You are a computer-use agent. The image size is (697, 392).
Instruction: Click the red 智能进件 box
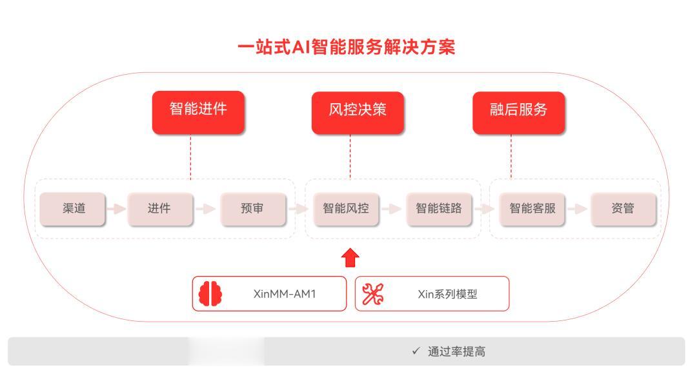[x=198, y=112]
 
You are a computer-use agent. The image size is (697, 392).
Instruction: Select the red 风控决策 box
[x=358, y=113]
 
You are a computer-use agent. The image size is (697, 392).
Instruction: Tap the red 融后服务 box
[x=519, y=113]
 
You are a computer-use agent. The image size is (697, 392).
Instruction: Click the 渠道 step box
[x=72, y=209]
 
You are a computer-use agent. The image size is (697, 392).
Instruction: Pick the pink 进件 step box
[x=160, y=209]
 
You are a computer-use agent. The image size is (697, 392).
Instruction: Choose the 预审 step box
[x=253, y=209]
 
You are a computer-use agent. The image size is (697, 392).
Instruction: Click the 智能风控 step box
[x=347, y=209]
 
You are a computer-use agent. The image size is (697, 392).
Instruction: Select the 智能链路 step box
[x=439, y=209]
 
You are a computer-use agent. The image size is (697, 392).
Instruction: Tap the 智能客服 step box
[x=532, y=209]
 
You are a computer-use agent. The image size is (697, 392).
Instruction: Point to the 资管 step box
[x=623, y=209]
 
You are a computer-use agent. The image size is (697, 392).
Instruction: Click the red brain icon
[x=210, y=293]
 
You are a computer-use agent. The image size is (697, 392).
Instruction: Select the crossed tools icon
[x=372, y=294]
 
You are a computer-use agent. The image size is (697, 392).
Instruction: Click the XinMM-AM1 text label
[x=285, y=294]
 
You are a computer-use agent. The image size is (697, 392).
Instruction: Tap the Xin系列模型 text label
[x=447, y=294]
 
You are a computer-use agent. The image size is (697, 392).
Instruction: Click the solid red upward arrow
[x=350, y=257]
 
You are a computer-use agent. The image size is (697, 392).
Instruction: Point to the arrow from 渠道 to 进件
[x=116, y=209]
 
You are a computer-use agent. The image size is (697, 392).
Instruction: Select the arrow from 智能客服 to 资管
[x=578, y=209]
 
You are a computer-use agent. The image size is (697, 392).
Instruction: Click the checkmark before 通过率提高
[x=416, y=351]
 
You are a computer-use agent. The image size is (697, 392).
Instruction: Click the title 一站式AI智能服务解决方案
[x=347, y=47]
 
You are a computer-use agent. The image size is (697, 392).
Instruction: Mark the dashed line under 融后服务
[x=511, y=157]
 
